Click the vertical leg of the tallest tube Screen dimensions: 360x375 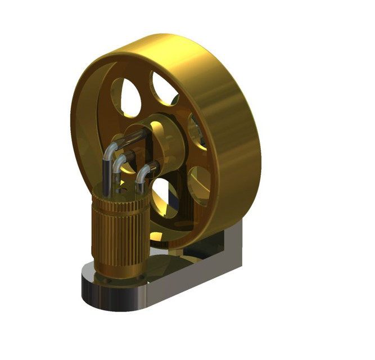(x=106, y=172)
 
